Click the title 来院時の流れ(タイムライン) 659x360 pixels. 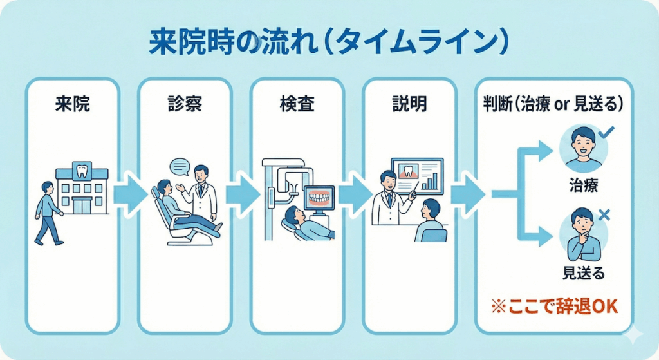pyautogui.click(x=329, y=44)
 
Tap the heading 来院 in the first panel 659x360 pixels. pyautogui.click(x=73, y=105)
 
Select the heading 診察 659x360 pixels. pyautogui.click(x=185, y=105)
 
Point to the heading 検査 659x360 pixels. pyautogui.click(x=297, y=105)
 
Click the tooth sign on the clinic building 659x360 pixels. pyautogui.click(x=81, y=171)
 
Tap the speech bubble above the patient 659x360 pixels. pyautogui.click(x=180, y=167)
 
